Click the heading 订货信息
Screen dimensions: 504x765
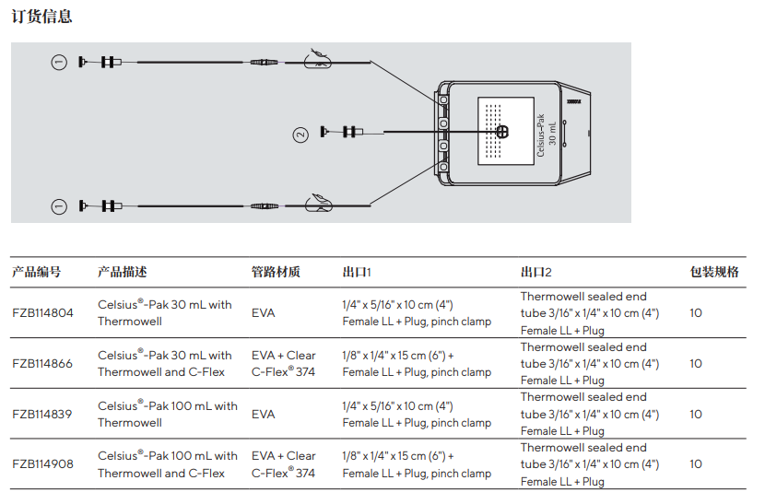(x=41, y=17)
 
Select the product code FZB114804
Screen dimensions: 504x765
(x=42, y=313)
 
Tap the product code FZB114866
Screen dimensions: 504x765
(x=42, y=364)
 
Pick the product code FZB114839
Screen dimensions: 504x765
(x=42, y=415)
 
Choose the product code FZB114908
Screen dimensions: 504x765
(x=42, y=464)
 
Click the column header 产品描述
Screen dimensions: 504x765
(x=122, y=272)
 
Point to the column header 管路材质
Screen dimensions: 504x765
(x=276, y=272)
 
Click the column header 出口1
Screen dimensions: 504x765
(x=356, y=272)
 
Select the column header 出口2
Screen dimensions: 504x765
(x=535, y=272)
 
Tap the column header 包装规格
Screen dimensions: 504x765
(x=714, y=272)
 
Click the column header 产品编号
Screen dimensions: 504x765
(x=36, y=272)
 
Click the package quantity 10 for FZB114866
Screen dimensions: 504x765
(x=696, y=364)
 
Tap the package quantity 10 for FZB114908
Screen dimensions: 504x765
(x=696, y=464)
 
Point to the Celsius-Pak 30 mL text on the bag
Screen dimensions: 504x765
(x=546, y=135)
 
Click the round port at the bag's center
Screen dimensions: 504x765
(x=501, y=132)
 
